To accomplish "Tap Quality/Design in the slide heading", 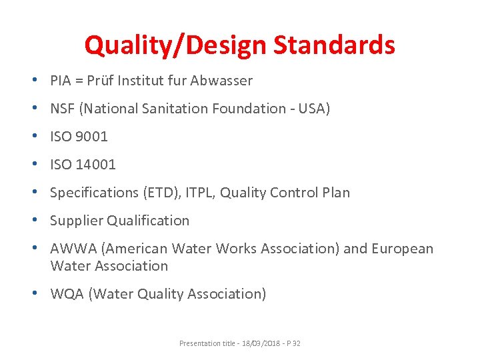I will pos(174,45).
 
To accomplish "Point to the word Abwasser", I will pos(221,81).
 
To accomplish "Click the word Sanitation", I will pos(173,109).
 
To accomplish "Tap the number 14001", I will pos(96,165).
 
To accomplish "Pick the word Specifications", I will pos(94,193).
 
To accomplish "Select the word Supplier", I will pos(76,221).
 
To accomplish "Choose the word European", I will pos(403,249).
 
